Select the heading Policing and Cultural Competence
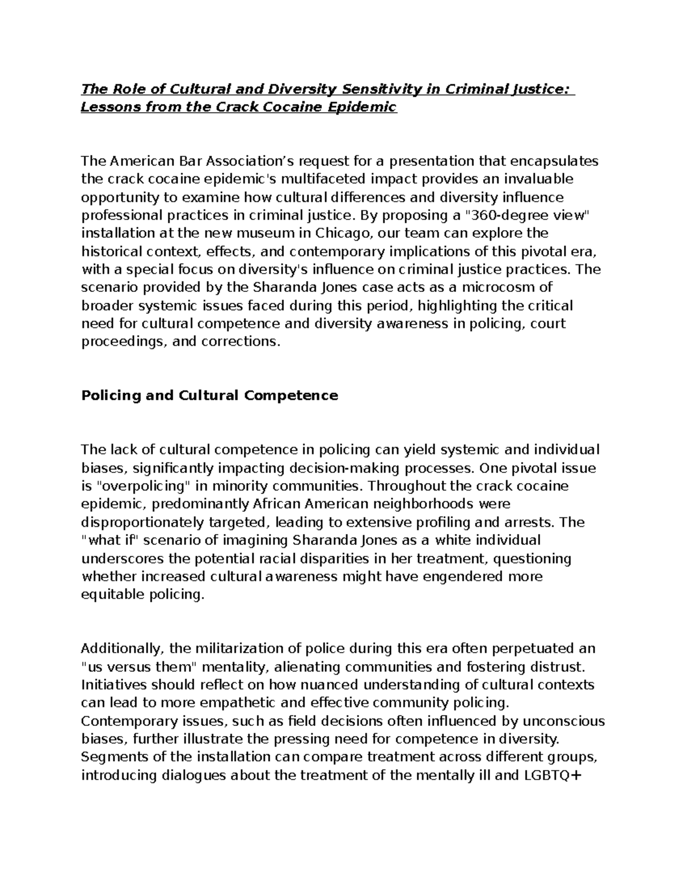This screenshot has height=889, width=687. point(210,396)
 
